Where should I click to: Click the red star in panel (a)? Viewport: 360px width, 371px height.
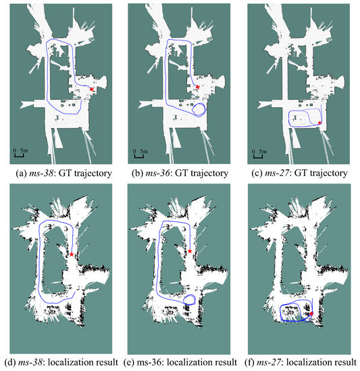91,89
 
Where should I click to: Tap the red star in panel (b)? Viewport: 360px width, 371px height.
198,87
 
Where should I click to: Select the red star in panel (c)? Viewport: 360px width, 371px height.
319,123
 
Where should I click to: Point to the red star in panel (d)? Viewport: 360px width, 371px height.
72,254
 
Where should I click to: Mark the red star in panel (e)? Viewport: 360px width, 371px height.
190,251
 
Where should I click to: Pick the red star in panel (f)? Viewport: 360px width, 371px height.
311,314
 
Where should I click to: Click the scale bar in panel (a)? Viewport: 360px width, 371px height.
19,155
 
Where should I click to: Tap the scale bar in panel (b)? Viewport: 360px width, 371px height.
138,156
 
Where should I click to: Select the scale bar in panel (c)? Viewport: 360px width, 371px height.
258,156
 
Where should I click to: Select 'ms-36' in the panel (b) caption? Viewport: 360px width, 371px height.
157,173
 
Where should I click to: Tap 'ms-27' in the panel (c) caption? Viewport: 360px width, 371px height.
277,173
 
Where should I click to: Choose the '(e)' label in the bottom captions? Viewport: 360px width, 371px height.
128,362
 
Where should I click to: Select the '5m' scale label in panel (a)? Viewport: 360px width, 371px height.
24,150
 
